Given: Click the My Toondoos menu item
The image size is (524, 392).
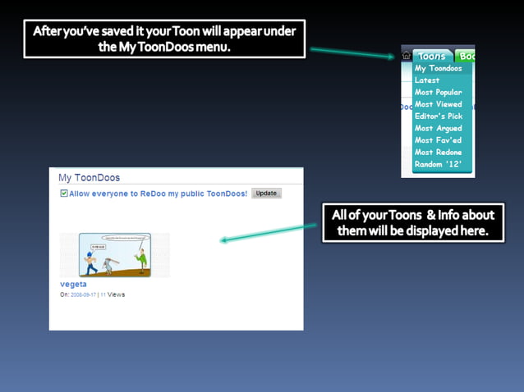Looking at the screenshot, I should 438,69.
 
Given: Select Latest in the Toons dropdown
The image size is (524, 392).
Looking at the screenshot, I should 427,80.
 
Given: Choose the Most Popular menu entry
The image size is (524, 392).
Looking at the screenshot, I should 438,93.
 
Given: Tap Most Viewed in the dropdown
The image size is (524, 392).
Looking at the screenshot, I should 438,104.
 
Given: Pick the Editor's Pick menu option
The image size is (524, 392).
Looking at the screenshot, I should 439,116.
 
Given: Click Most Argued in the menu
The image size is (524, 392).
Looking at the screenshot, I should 438,128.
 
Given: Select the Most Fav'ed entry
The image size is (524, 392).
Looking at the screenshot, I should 438,140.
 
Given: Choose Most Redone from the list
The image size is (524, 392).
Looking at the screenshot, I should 438,153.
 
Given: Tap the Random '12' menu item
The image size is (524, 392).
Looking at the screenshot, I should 438,164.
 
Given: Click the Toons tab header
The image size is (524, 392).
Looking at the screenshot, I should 431,56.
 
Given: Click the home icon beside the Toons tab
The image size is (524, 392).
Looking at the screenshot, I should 407,56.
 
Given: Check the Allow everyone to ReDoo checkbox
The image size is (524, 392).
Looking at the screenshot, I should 64,194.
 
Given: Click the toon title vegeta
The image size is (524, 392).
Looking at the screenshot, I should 73,284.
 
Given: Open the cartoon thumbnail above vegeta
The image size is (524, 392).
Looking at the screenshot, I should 115,254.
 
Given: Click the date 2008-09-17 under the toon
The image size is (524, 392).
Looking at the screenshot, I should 83,294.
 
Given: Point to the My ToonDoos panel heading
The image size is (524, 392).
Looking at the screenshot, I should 89,177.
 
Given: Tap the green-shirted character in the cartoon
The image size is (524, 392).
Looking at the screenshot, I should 142,260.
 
